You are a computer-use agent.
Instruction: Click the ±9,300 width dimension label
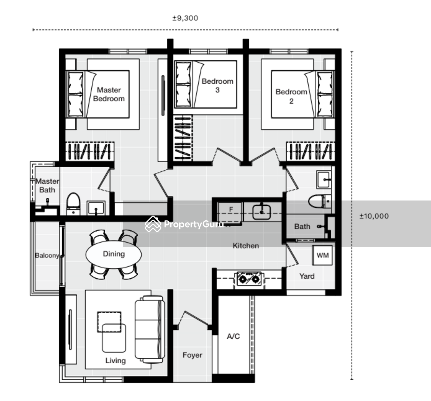pyautogui.click(x=185, y=18)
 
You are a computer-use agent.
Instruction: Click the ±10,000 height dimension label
pyautogui.click(x=374, y=216)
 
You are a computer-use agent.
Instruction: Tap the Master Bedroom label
pyautogui.click(x=109, y=94)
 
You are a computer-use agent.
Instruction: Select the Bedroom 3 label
pyautogui.click(x=218, y=86)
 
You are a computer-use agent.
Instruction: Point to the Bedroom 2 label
pyautogui.click(x=291, y=96)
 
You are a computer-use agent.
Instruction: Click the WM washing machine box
pyautogui.click(x=322, y=255)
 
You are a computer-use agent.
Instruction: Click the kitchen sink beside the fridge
pyautogui.click(x=261, y=212)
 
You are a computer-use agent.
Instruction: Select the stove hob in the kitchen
pyautogui.click(x=249, y=279)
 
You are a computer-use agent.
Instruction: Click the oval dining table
pyautogui.click(x=113, y=254)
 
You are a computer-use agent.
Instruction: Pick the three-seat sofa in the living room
pyautogui.click(x=150, y=329)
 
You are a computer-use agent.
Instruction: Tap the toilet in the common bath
pyautogui.click(x=320, y=201)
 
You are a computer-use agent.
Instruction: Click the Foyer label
pyautogui.click(x=192, y=355)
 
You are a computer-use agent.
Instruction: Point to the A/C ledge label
pyautogui.click(x=233, y=336)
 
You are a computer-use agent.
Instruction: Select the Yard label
pyautogui.click(x=307, y=276)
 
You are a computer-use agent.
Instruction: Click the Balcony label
pyautogui.click(x=47, y=255)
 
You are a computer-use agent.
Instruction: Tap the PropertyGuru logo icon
pyautogui.click(x=153, y=224)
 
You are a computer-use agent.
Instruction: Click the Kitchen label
pyautogui.click(x=246, y=246)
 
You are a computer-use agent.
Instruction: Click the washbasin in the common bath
pyautogui.click(x=324, y=180)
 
